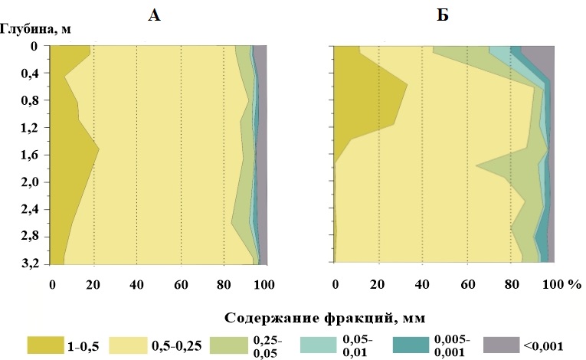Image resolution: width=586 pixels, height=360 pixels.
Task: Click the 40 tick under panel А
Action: [136, 286]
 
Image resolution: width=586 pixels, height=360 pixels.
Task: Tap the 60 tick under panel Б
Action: [467, 286]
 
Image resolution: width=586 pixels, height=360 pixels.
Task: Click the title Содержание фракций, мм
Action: [325, 316]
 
